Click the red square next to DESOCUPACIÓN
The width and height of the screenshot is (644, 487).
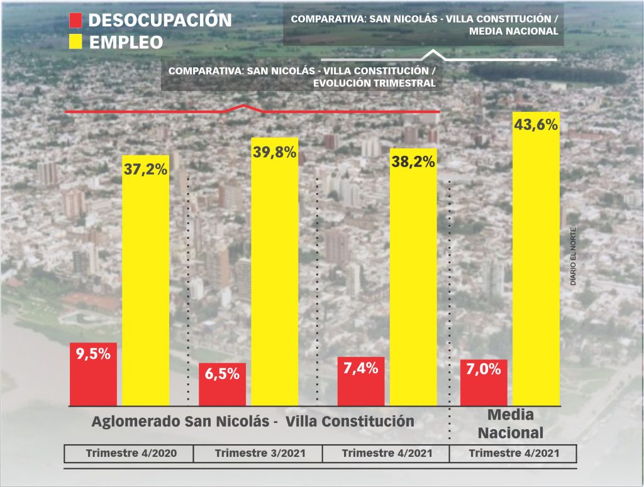pyautogui.click(x=75, y=21)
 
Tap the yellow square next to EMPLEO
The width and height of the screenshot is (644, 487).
pyautogui.click(x=75, y=42)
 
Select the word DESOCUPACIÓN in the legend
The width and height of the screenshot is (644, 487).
pyautogui.click(x=160, y=20)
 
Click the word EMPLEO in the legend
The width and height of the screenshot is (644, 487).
pyautogui.click(x=126, y=42)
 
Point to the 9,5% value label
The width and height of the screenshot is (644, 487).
pyautogui.click(x=93, y=354)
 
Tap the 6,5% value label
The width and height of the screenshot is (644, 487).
pyautogui.click(x=222, y=374)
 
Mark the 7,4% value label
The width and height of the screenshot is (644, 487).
pyautogui.click(x=361, y=368)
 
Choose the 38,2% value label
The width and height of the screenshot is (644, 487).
pyautogui.click(x=413, y=161)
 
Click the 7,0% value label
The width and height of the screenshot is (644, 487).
pyautogui.click(x=484, y=369)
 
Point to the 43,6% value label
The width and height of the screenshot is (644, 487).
pyautogui.click(x=536, y=125)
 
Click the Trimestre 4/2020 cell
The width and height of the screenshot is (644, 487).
pyautogui.click(x=128, y=454)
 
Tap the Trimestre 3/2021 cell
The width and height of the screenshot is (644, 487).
pyautogui.click(x=257, y=454)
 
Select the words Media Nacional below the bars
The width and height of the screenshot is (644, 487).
pyautogui.click(x=510, y=424)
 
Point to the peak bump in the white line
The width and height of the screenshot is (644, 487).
pyautogui.click(x=432, y=52)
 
